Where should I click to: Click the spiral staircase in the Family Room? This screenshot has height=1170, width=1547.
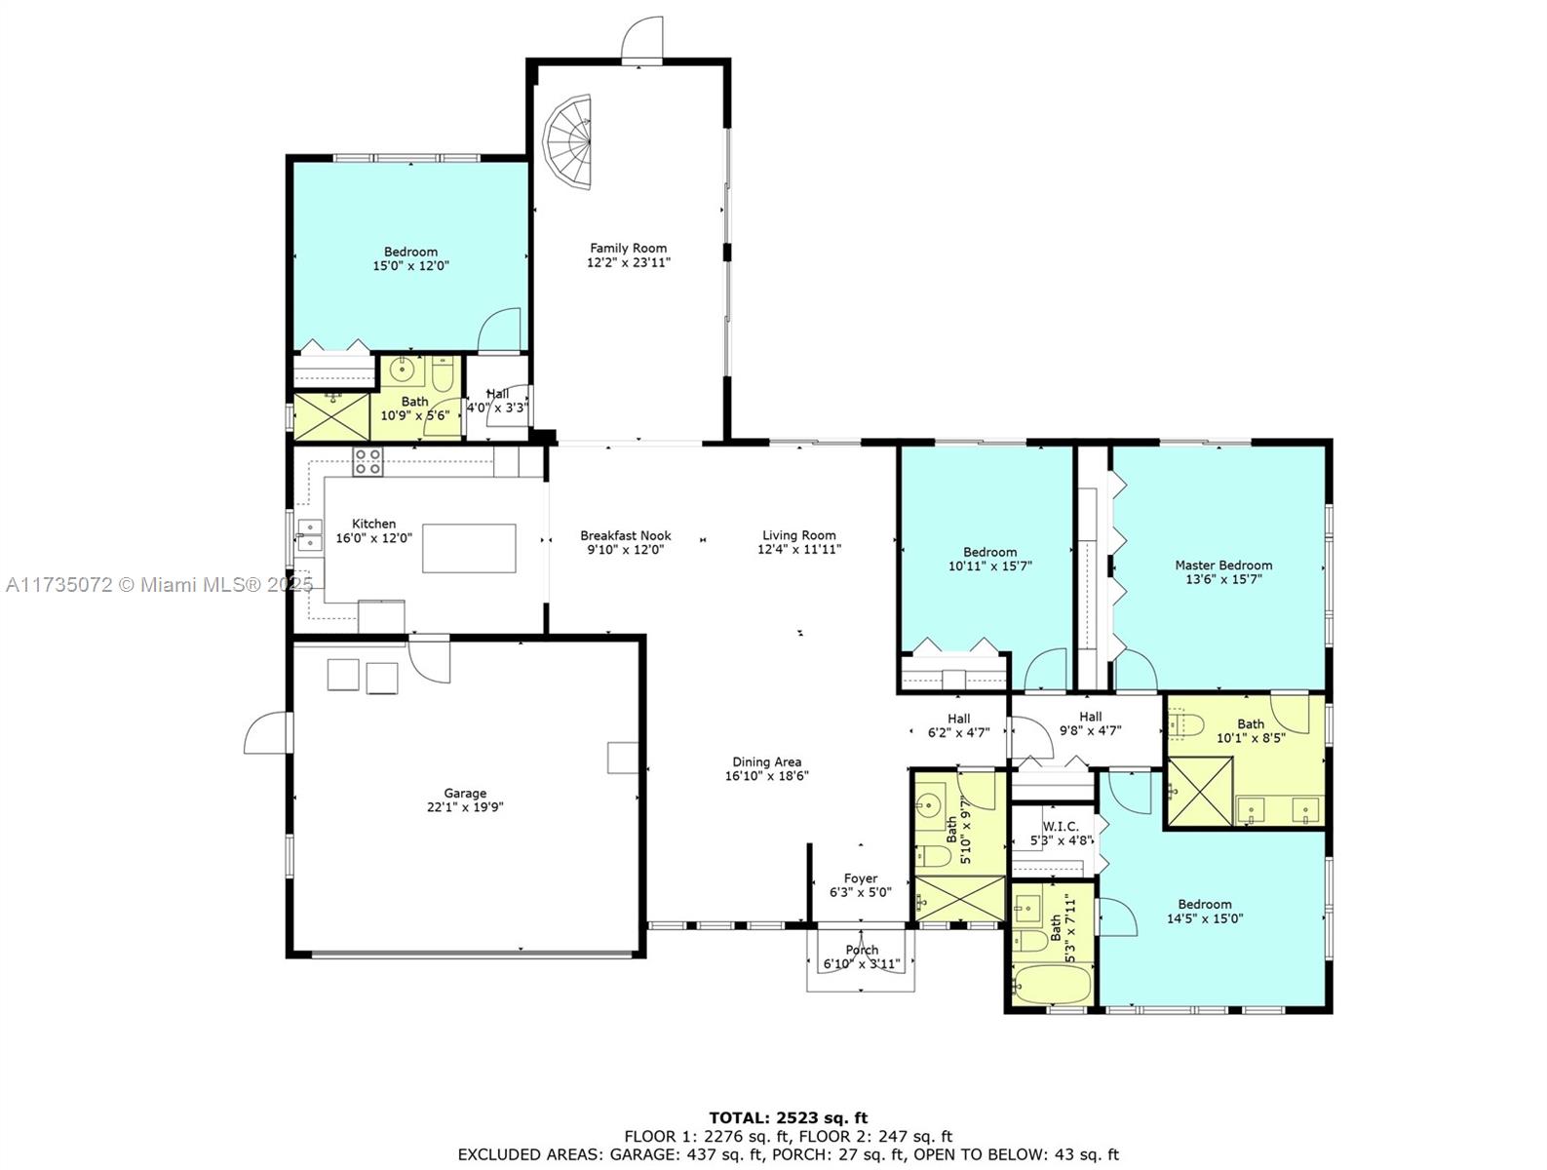click(569, 144)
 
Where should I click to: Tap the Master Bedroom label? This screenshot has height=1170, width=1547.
click(1222, 565)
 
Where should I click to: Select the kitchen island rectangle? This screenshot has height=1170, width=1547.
click(469, 548)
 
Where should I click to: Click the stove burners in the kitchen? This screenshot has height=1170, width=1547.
click(367, 462)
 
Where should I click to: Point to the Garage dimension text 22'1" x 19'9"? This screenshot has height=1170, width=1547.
click(465, 807)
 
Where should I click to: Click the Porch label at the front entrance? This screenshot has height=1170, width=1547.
click(862, 950)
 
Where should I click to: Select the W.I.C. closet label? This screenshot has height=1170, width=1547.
click(1054, 826)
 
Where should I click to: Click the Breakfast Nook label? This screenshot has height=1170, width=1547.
click(625, 535)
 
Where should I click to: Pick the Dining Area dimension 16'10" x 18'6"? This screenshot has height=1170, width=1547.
click(767, 776)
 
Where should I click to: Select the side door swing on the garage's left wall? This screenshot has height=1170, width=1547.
click(268, 732)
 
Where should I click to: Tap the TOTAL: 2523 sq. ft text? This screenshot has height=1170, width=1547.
click(788, 1118)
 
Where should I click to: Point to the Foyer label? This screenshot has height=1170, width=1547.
click(860, 878)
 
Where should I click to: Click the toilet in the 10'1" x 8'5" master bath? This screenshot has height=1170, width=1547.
click(1186, 724)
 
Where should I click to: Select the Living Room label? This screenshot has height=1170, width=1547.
click(798, 535)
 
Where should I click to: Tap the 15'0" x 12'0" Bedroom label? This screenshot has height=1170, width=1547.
click(410, 252)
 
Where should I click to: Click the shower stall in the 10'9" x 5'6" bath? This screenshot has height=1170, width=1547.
click(331, 415)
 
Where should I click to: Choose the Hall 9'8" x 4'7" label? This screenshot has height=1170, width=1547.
click(1090, 717)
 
